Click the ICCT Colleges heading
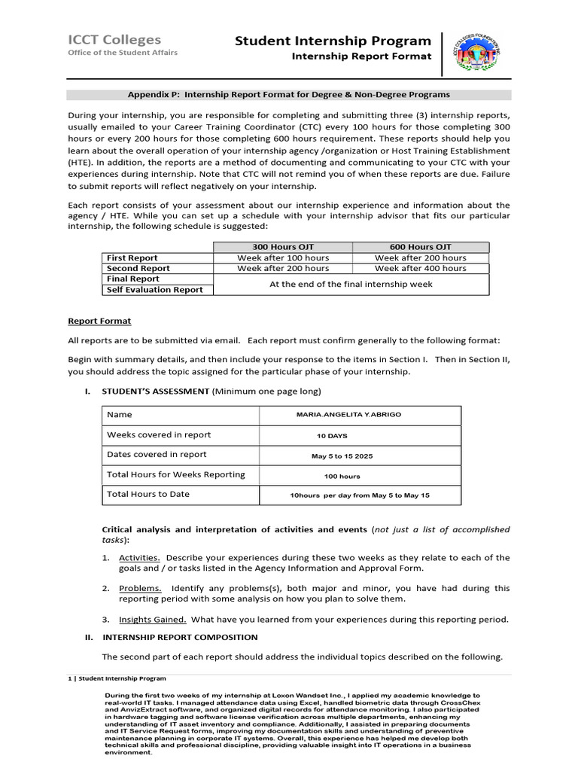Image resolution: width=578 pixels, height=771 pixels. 114,40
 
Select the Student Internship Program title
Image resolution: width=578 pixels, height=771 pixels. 333,41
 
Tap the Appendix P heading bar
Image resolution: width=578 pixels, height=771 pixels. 289,95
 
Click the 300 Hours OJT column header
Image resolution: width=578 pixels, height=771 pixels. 283,247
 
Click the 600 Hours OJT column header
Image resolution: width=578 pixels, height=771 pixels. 420,247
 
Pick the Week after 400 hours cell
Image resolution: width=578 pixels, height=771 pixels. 420,268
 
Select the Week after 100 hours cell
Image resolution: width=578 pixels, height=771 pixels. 283,258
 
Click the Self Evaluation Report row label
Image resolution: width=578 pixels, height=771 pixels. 154,289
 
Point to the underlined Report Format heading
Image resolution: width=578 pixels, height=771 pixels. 99,321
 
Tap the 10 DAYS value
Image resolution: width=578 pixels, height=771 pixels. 332,436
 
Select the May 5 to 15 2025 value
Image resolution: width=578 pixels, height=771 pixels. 342,456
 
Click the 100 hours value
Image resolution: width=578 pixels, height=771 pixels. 342,476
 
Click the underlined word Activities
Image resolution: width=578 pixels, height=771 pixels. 139,558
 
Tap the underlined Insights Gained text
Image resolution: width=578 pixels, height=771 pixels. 153,620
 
